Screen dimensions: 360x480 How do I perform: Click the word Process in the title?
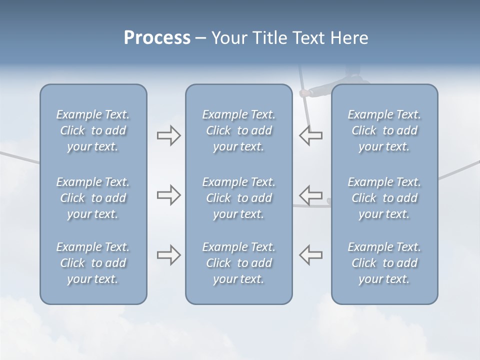(157, 38)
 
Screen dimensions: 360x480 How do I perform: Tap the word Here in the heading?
(349, 38)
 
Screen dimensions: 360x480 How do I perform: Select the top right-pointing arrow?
(169, 135)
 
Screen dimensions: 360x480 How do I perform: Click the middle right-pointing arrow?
(169, 195)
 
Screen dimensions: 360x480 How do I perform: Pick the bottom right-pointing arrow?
(169, 255)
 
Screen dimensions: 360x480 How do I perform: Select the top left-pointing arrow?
(311, 135)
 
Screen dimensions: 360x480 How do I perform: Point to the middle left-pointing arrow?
(311, 195)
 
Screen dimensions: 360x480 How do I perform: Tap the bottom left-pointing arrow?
(311, 255)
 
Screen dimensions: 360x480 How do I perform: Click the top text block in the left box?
(93, 130)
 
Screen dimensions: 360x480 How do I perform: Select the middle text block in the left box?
(93, 198)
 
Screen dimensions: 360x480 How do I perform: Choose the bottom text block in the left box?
(93, 263)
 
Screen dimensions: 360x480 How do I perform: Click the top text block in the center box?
(239, 130)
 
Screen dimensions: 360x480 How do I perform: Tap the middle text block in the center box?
(239, 198)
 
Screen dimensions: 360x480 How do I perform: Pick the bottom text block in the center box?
(239, 263)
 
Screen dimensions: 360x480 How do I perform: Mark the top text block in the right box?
(384, 130)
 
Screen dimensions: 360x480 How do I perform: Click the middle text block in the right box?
(384, 198)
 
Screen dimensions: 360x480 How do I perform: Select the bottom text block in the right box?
(384, 263)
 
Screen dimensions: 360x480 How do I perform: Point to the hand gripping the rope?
(304, 93)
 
